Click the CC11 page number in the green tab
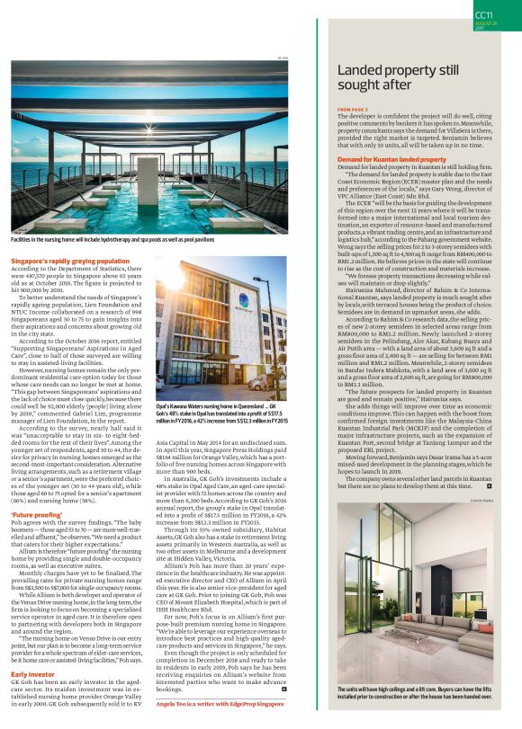pos(483,14)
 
